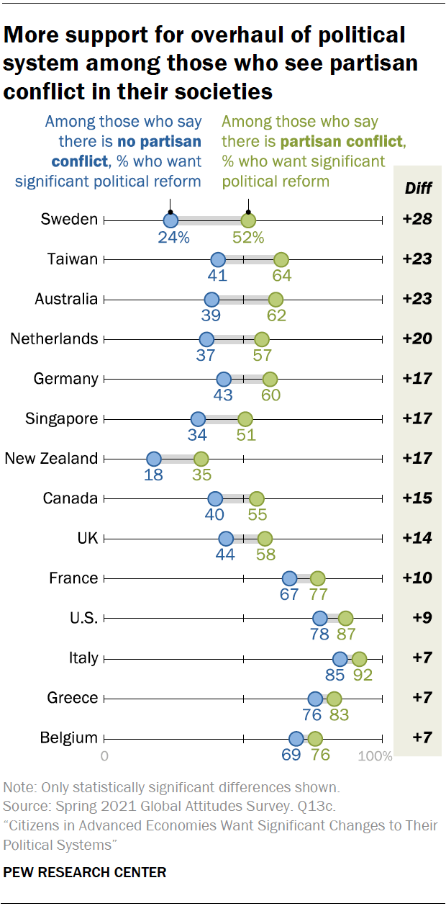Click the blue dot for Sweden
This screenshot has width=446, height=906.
pyautogui.click(x=170, y=220)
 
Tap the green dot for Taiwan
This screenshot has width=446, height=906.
pyautogui.click(x=281, y=260)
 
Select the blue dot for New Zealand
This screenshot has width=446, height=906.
pyautogui.click(x=153, y=459)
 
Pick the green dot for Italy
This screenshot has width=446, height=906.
pyautogui.click(x=360, y=658)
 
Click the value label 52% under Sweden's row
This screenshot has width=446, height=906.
pyautogui.click(x=248, y=237)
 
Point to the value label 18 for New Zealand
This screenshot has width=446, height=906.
pyautogui.click(x=153, y=475)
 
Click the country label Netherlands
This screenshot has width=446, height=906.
pyautogui.click(x=54, y=338)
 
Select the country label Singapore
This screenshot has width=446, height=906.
pyautogui.click(x=61, y=418)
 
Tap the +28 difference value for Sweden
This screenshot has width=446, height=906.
pyautogui.click(x=417, y=219)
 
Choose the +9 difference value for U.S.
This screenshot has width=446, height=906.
pyautogui.click(x=420, y=617)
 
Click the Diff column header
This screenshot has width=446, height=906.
pyautogui.click(x=417, y=189)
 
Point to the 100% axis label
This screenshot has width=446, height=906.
pyautogui.click(x=376, y=756)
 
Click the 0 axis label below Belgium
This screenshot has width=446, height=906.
pyautogui.click(x=105, y=756)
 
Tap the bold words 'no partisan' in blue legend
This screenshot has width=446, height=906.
pyautogui.click(x=158, y=142)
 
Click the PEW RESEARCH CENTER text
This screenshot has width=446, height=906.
pyautogui.click(x=85, y=872)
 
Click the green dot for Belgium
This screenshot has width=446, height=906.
pyautogui.click(x=314, y=738)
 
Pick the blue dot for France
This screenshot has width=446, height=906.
pyautogui.click(x=289, y=578)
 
